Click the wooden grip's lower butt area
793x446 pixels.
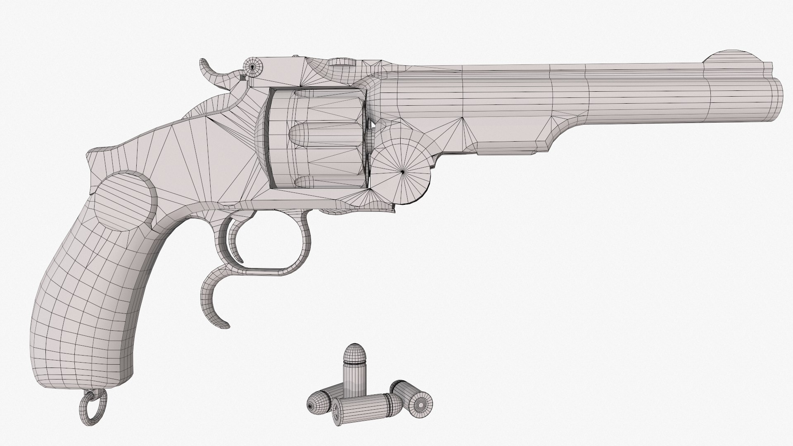coord(83,363)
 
